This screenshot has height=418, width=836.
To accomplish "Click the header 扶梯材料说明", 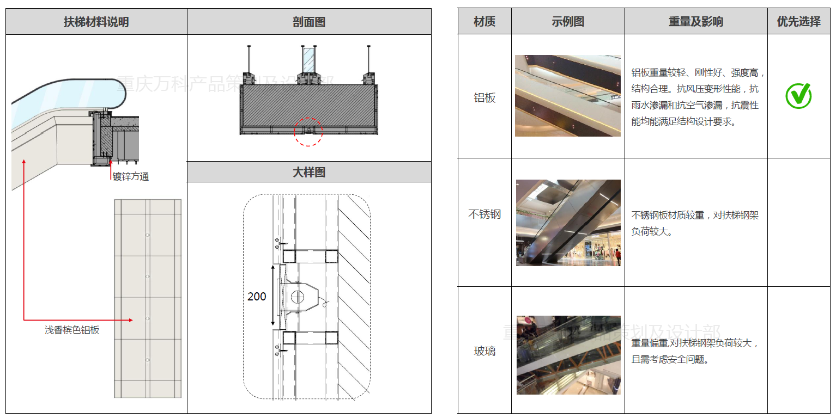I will (x=96, y=22).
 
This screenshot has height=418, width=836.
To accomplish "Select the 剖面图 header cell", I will (x=309, y=22).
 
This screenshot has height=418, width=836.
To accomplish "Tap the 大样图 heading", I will (x=309, y=172).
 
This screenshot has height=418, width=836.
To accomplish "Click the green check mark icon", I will (x=798, y=96).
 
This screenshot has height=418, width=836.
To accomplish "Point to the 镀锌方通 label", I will (x=131, y=176).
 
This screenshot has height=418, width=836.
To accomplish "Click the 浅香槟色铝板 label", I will (x=72, y=330).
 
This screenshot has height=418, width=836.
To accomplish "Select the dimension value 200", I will (x=257, y=297).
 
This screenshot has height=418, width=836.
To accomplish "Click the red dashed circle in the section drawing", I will (x=308, y=132).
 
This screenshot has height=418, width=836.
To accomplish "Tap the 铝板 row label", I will (x=484, y=98).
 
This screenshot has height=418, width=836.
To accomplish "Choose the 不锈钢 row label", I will (x=484, y=214).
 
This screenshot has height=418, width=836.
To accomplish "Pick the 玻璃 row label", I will (x=484, y=351).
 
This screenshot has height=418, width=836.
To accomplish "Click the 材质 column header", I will (x=484, y=22).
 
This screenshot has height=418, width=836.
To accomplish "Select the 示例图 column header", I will (x=568, y=22).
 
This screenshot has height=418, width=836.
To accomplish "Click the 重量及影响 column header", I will (x=696, y=22).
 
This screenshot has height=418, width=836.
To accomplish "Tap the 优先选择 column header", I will (x=798, y=22).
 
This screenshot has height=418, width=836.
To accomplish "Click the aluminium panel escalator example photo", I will (x=568, y=96).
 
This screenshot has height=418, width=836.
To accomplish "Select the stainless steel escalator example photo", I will (x=568, y=223).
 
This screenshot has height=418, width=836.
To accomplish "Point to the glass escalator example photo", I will (x=568, y=355).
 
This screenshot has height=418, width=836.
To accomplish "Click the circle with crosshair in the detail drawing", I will (x=298, y=297).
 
